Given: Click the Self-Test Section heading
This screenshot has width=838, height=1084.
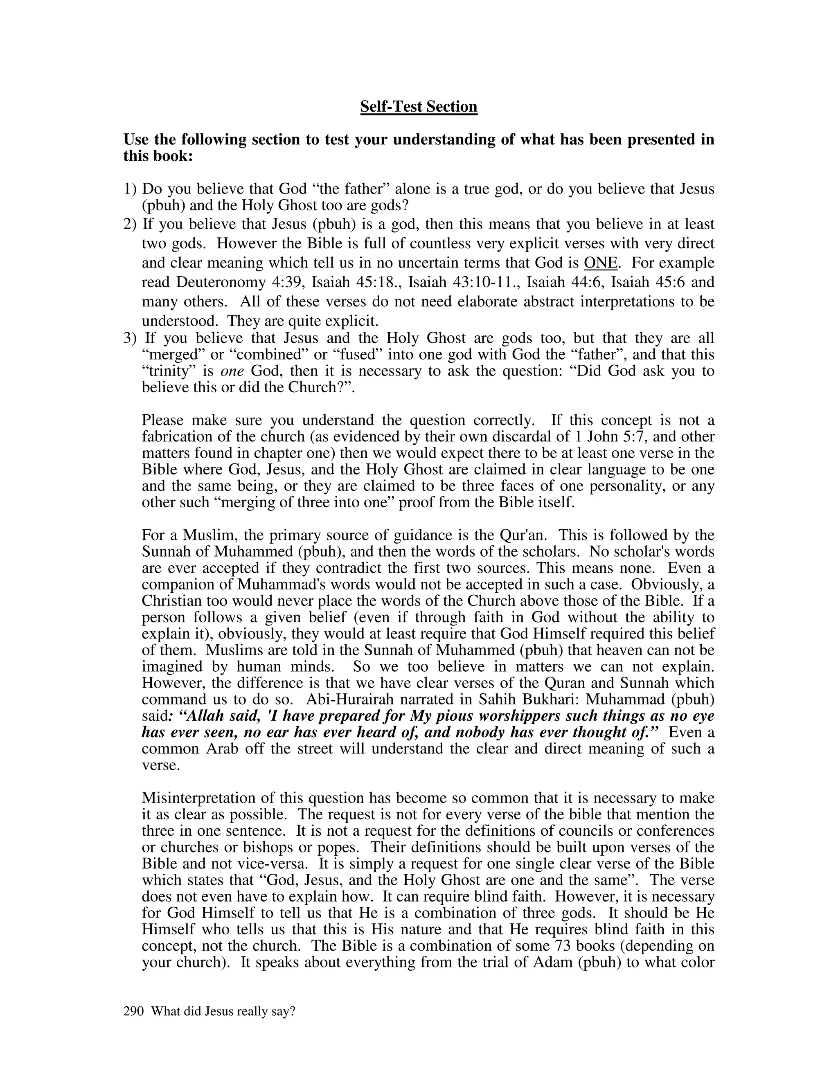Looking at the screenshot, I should point(419,107).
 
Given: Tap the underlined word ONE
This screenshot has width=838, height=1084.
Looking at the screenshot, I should point(601,263).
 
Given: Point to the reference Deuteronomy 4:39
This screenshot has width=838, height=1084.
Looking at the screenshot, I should point(239,282).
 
